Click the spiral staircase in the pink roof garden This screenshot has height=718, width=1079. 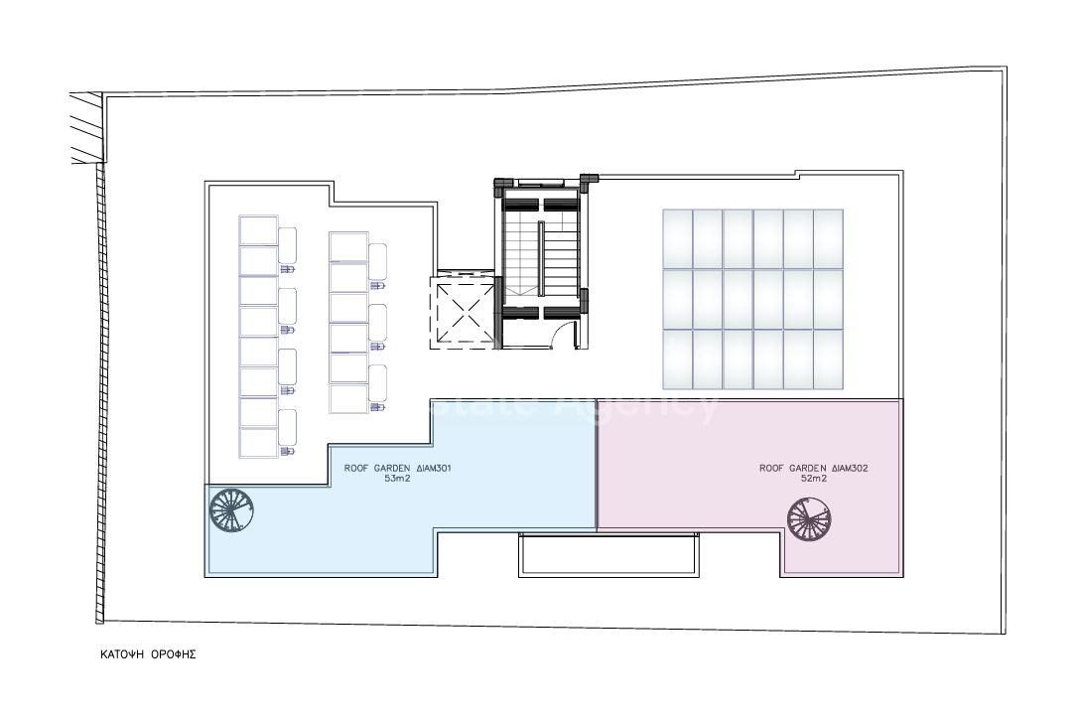click(810, 519)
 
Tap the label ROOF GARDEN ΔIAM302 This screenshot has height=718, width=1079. click(814, 467)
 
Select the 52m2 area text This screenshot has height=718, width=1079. click(814, 478)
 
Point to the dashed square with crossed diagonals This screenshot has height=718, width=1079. click(463, 312)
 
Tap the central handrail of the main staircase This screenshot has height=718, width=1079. click(541, 256)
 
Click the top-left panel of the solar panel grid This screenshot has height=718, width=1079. click(677, 238)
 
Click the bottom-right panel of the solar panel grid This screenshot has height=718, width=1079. click(828, 359)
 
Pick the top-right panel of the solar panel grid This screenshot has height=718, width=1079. click(828, 238)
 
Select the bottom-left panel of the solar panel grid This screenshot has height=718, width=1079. click(677, 359)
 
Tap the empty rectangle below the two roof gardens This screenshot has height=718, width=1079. click(607, 554)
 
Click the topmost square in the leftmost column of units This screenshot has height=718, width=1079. click(258, 230)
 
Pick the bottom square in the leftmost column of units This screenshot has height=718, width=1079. click(258, 442)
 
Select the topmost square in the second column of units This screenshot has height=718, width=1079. click(348, 246)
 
